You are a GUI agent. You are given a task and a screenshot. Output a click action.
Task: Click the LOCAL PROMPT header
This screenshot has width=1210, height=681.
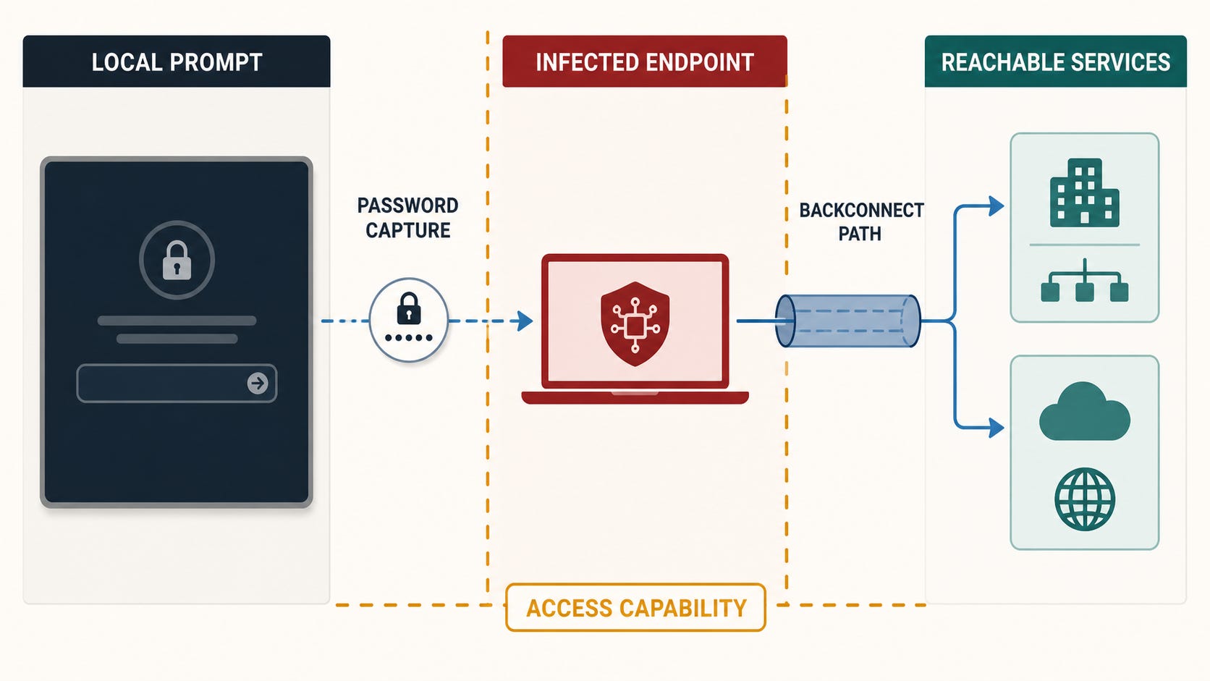177,62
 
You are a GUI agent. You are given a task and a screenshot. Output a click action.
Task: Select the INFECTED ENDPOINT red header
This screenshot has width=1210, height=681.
644,62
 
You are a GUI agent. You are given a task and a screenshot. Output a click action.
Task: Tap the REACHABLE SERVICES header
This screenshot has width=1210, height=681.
1056,62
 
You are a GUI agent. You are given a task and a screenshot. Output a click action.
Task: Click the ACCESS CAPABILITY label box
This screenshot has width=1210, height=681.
636,608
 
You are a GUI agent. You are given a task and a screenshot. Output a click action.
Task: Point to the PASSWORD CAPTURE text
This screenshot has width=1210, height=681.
408,218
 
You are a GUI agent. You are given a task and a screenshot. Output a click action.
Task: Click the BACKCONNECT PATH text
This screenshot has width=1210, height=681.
861,221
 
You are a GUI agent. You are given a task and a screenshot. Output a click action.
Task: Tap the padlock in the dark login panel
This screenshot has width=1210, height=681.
177,261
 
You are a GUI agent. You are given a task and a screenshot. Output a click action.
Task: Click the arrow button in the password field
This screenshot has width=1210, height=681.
258,383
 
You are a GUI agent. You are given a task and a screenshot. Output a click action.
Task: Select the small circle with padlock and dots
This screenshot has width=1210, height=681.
408,320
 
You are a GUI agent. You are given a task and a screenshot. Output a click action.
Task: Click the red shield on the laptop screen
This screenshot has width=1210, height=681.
635,323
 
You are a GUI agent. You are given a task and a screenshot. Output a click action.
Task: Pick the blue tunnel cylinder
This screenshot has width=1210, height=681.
847,321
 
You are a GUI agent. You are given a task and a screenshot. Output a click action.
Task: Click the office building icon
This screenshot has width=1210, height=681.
1085,193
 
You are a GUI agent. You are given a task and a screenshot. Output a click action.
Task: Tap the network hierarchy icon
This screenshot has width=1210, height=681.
1085,280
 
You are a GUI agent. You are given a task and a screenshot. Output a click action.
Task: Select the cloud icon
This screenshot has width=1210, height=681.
1085,412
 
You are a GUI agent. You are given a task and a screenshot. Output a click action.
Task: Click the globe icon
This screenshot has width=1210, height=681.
1085,499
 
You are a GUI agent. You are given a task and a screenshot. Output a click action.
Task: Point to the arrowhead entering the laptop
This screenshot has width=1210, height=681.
525,321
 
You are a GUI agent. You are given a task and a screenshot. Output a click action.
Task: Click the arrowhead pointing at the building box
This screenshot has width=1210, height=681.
996,206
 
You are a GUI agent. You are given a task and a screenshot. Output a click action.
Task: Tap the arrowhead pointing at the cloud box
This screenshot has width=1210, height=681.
996,428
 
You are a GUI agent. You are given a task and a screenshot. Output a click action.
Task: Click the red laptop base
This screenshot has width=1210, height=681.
635,397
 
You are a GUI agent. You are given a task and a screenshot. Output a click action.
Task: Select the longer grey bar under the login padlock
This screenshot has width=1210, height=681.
177,321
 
